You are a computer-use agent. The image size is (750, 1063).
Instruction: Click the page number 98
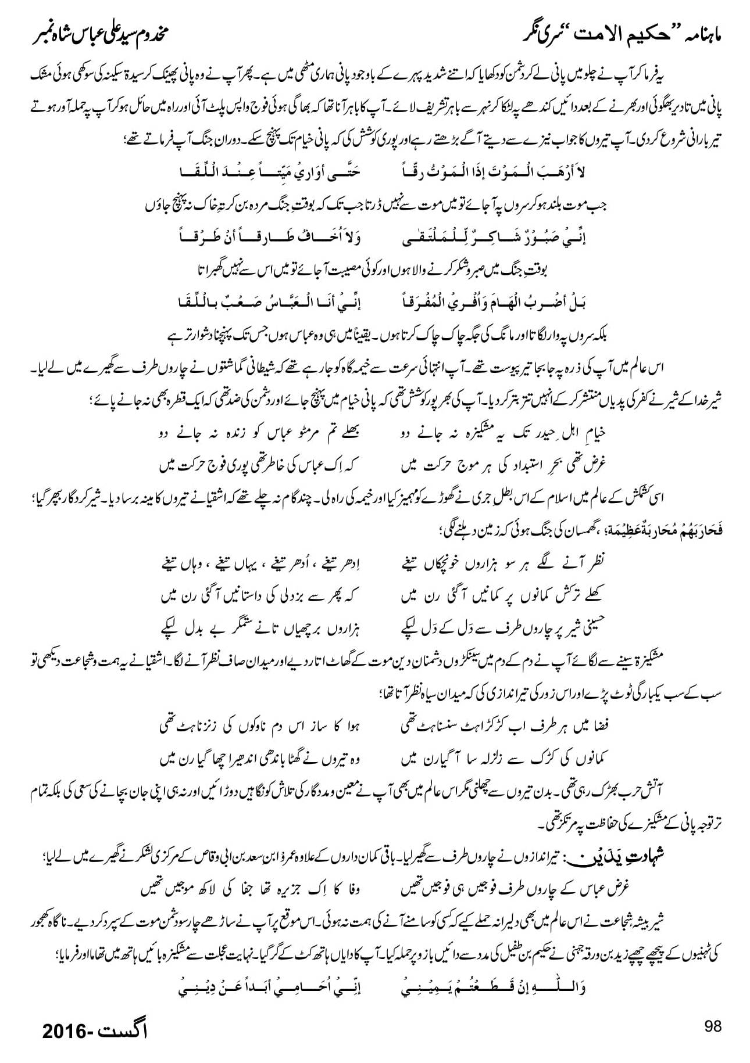712,1026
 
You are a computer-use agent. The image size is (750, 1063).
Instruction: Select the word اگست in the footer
122,1031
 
